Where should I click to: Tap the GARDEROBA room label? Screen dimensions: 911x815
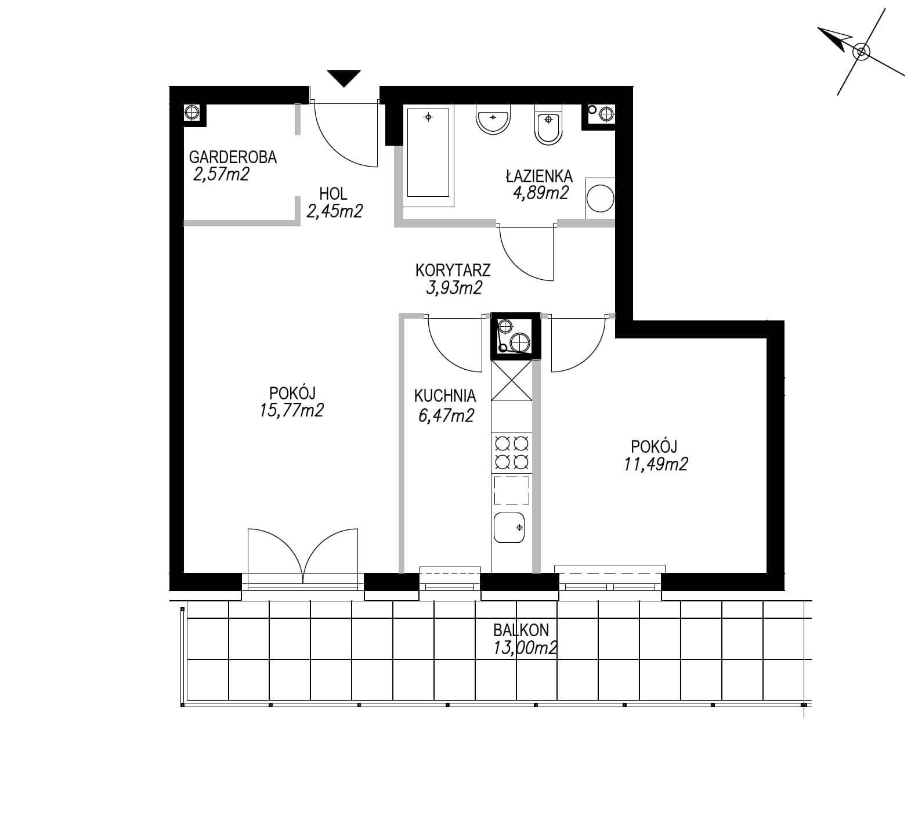click(233, 157)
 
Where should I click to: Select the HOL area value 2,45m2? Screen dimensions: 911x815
click(334, 211)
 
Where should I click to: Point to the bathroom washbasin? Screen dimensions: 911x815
click(493, 120)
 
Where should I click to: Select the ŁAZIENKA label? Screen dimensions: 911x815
click(539, 176)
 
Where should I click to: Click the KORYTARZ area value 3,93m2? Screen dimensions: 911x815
click(454, 287)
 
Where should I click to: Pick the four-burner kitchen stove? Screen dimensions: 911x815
click(512, 453)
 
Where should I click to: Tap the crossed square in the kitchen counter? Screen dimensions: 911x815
click(512, 381)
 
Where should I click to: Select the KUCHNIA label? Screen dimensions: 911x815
click(444, 396)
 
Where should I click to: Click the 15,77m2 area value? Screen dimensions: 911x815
click(292, 410)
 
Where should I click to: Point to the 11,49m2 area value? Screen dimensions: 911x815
click(656, 464)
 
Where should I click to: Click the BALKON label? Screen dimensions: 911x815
click(521, 630)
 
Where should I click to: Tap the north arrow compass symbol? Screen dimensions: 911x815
click(861, 52)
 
